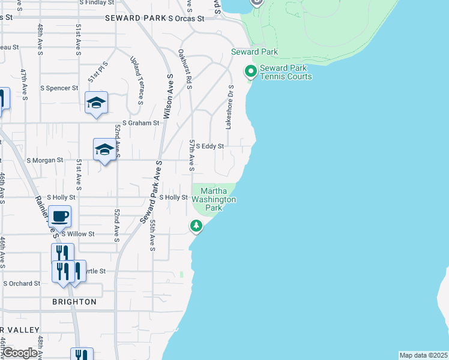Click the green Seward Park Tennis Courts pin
[250, 71]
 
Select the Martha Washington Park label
[214, 199]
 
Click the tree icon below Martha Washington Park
[196, 226]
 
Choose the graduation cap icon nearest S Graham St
[96, 103]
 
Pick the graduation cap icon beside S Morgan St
[104, 150]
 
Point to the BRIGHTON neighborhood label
[74, 302]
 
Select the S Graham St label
[140, 123]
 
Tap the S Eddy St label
[209, 146]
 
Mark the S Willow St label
[74, 233]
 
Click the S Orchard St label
[22, 283]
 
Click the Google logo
[19, 353]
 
